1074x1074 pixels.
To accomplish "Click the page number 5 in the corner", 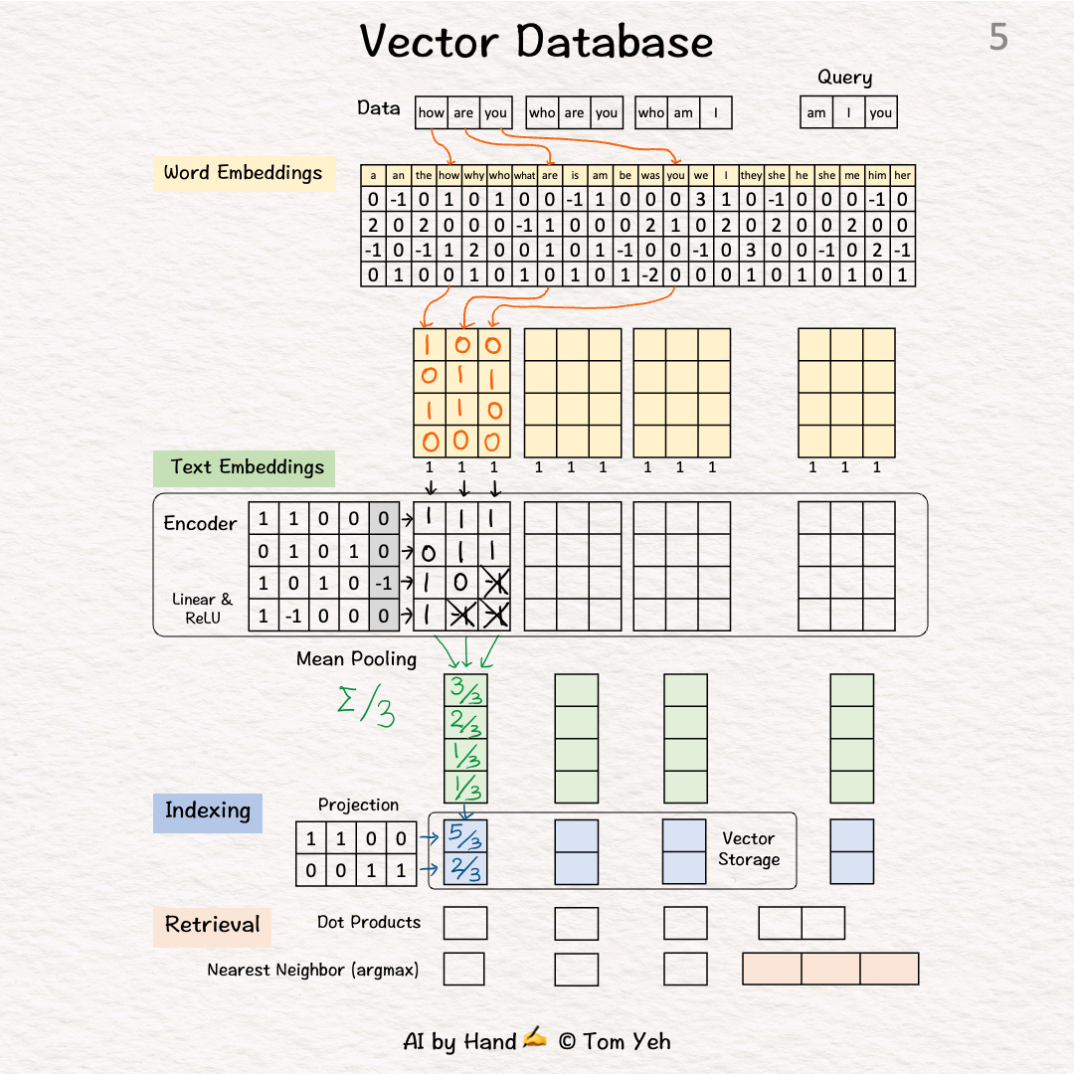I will (997, 38).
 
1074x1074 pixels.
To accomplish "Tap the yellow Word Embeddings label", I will (243, 173).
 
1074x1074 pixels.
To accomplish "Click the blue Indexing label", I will (207, 810).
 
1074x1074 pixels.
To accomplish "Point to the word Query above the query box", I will (844, 78).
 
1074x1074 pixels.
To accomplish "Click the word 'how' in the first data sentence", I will (432, 112).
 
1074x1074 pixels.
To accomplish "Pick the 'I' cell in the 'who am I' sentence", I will (715, 112).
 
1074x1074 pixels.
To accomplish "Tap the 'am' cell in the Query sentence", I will (816, 112).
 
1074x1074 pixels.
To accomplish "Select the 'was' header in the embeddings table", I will (650, 175).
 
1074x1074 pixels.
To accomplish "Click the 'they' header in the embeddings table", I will (752, 175).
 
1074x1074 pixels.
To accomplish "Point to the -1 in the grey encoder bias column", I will (384, 584).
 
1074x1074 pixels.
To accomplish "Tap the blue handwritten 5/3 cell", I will (465, 836).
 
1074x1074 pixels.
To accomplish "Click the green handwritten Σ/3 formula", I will (364, 705).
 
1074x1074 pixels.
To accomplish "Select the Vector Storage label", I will (748, 849).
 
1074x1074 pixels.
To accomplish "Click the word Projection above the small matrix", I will (358, 805).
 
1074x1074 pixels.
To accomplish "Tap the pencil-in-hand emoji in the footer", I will (535, 1039).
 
